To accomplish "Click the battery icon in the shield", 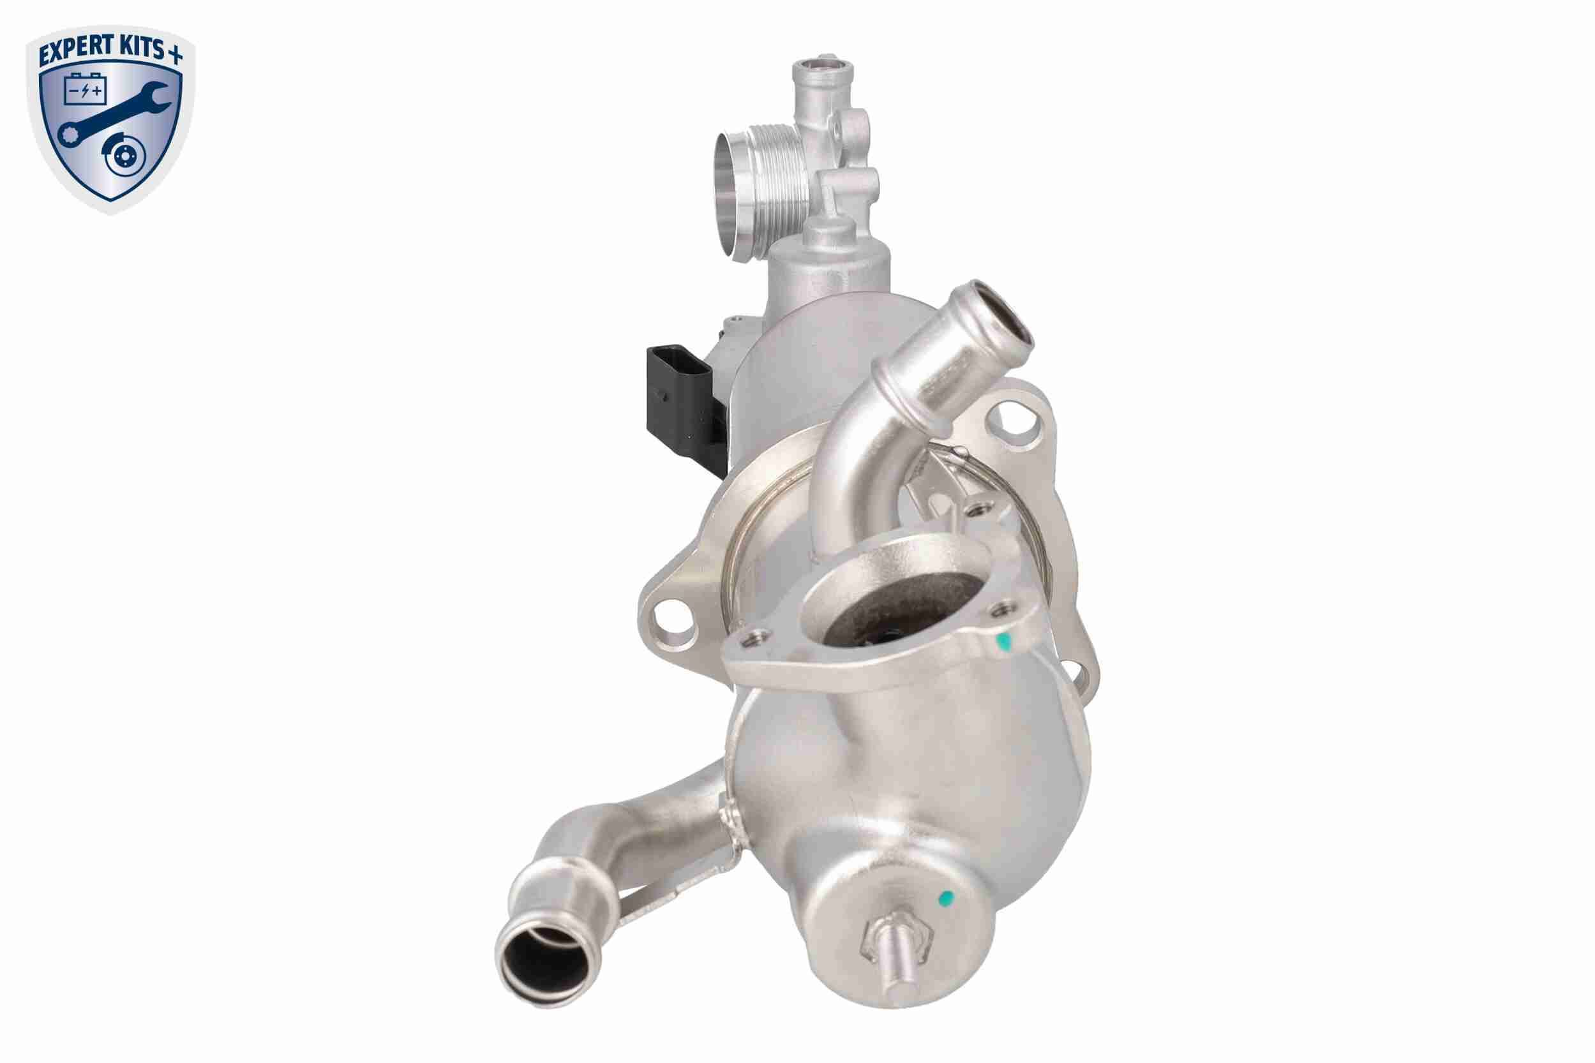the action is coord(86,89).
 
